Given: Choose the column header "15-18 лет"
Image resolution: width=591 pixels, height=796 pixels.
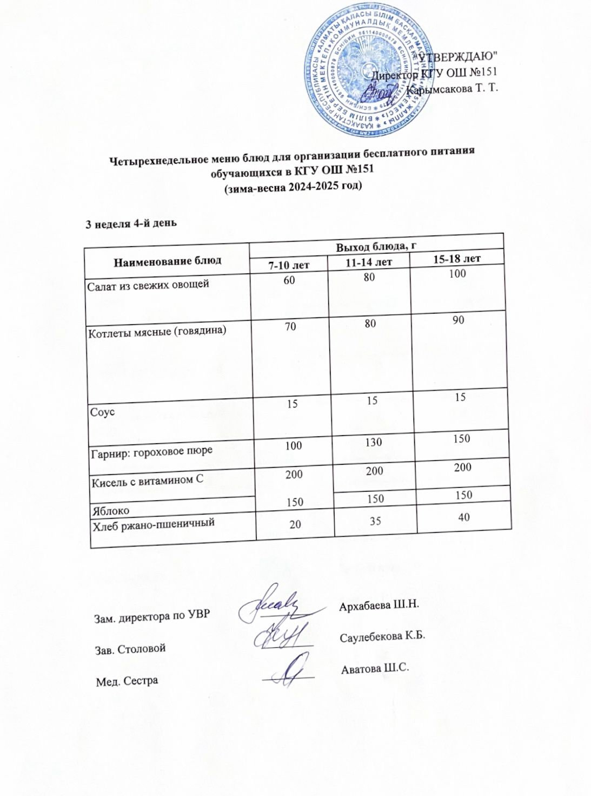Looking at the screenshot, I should (x=457, y=259).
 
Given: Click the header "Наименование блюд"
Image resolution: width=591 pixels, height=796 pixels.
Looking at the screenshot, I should (x=167, y=260).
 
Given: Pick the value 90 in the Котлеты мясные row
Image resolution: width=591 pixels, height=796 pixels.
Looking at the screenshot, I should (x=459, y=320).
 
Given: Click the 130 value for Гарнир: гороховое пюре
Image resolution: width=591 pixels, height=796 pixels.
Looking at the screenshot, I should (x=373, y=443).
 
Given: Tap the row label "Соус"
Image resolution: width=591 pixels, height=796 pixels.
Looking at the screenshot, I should (x=102, y=412).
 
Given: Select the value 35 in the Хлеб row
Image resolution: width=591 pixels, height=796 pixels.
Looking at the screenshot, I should (x=375, y=521).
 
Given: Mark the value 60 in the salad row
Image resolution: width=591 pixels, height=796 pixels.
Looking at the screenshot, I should (x=289, y=280).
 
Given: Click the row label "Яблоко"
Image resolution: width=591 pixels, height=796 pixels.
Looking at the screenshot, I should (x=111, y=510).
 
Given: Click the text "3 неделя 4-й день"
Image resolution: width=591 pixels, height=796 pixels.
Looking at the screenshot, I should (x=131, y=223).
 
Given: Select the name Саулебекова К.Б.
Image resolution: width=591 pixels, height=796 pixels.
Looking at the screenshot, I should (x=382, y=636).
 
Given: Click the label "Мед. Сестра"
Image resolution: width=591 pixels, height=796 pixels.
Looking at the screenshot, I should (x=127, y=681).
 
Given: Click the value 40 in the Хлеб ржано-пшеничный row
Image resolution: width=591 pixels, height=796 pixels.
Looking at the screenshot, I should (x=463, y=517).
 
